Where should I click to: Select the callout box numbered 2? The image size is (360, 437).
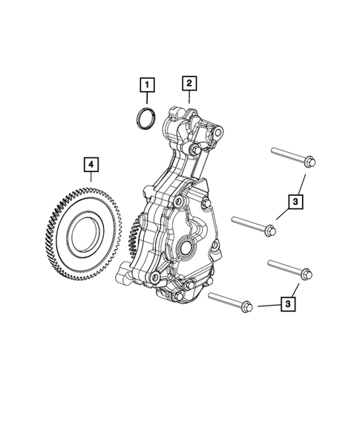(189, 83)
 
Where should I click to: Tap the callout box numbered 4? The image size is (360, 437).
(90, 162)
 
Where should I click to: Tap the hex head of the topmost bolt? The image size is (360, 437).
(310, 162)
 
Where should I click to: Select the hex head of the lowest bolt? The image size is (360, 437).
(247, 306)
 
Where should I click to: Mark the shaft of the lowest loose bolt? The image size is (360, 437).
(225, 299)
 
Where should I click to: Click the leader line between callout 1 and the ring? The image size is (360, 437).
(148, 99)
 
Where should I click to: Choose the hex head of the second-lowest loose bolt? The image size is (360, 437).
(304, 275)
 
